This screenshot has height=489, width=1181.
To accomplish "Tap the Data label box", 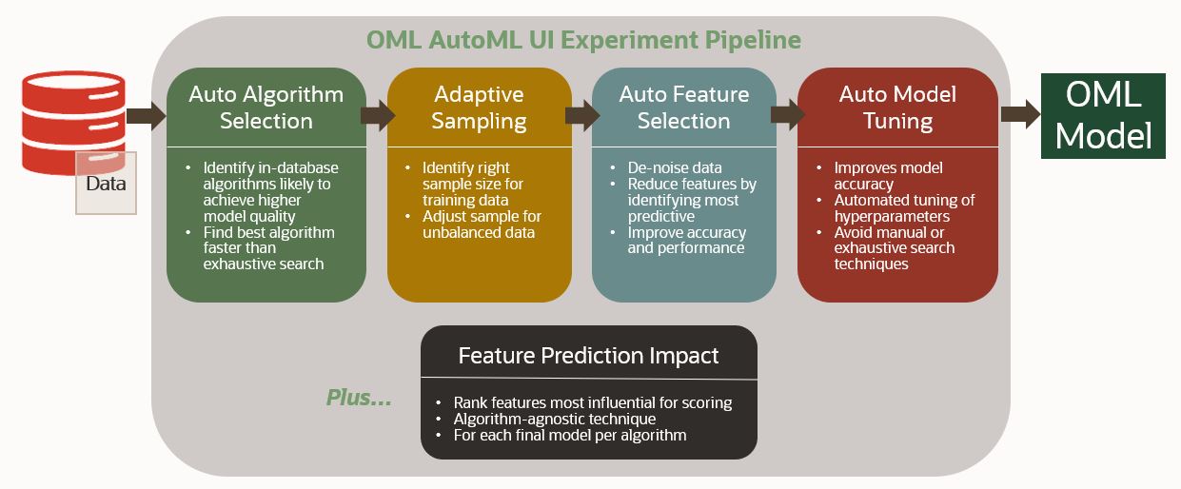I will click(x=106, y=184).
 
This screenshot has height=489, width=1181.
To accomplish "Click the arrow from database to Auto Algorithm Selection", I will click(x=146, y=116).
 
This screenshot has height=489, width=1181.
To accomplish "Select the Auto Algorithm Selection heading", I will click(x=266, y=108).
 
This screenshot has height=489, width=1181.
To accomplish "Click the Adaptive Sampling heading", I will click(x=479, y=108).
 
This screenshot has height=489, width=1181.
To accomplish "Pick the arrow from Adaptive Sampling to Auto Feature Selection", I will click(x=581, y=116).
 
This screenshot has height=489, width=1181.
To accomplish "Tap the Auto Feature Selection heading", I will click(x=683, y=108).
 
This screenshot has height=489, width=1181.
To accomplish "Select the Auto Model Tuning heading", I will click(x=897, y=108).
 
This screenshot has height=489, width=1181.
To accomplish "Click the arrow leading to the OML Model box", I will click(x=1020, y=116).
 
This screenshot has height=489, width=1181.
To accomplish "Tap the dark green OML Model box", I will click(x=1103, y=116).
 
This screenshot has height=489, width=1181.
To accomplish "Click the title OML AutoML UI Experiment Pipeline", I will click(x=583, y=41).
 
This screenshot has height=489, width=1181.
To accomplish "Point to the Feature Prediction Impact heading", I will click(x=588, y=356).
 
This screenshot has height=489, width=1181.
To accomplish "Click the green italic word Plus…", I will click(x=359, y=398).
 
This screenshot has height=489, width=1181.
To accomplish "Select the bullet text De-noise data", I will click(x=675, y=167).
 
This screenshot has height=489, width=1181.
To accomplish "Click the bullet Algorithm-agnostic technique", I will click(x=554, y=419).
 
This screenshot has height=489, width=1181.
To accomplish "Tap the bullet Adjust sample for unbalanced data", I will click(x=482, y=225).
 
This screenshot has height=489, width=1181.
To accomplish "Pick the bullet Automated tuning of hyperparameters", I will click(x=904, y=207).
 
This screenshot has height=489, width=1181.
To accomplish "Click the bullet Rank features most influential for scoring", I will click(x=592, y=402).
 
